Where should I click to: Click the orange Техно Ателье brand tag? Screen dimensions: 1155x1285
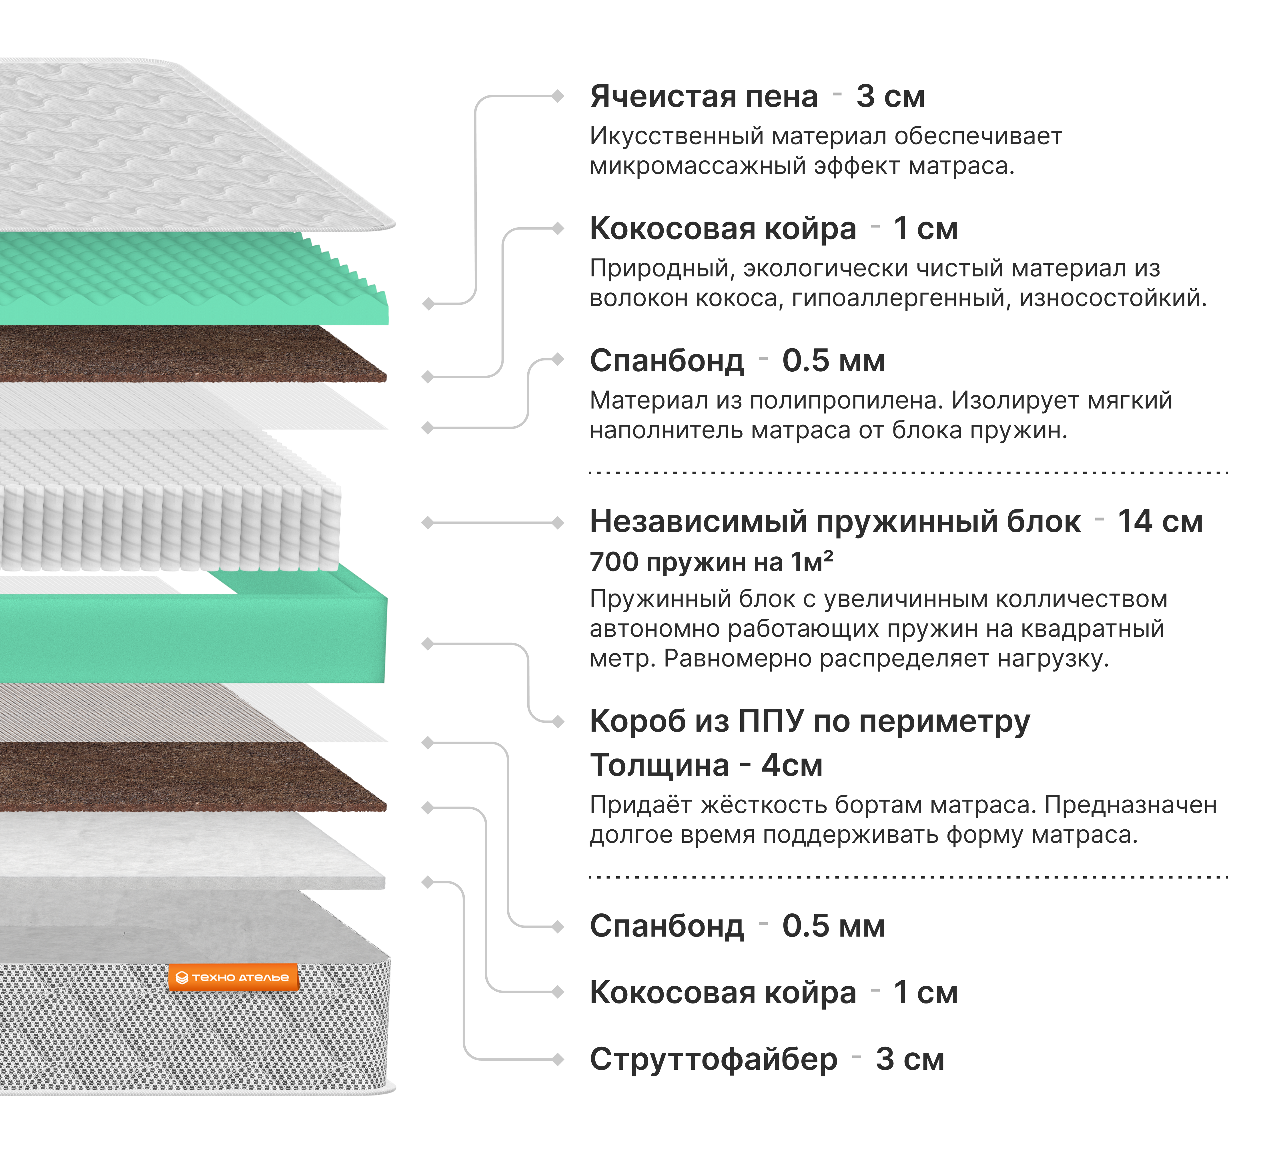tap(233, 977)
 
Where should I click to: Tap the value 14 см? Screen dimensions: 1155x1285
tap(1160, 522)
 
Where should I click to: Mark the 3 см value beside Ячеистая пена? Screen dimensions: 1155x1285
tap(890, 97)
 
